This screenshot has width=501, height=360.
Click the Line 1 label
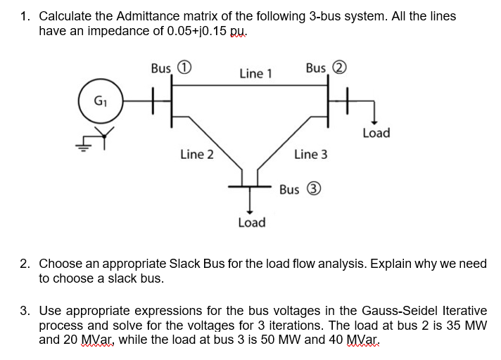(255, 73)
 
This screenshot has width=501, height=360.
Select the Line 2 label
(197, 154)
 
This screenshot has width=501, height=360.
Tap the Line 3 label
(310, 154)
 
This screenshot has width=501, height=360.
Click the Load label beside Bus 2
(376, 133)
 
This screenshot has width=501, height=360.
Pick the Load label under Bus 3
(251, 222)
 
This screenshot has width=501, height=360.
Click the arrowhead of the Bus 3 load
(247, 208)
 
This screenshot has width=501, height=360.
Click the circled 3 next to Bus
(314, 189)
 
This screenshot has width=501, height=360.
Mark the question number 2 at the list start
(25, 264)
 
